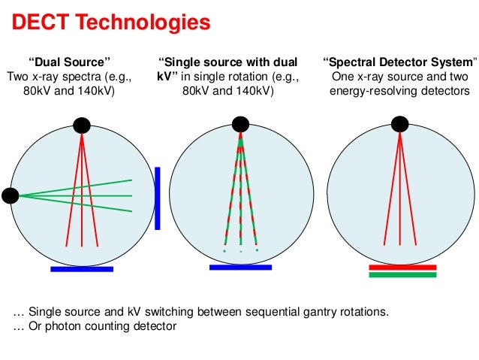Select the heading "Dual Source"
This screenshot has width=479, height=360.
tap(69, 62)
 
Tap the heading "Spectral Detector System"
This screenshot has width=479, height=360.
tap(399, 62)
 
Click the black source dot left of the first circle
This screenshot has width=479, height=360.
tap(11, 196)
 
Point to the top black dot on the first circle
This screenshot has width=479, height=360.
tap(81, 125)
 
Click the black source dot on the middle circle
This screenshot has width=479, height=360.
tap(240, 124)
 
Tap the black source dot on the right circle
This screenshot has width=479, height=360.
tap(400, 124)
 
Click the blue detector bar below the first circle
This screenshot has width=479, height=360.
tap(81, 268)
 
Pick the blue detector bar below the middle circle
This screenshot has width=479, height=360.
tap(240, 267)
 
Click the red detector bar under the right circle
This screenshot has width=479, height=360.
tap(402, 267)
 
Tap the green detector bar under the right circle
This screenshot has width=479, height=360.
tap(402, 275)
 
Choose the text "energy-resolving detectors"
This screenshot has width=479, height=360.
tap(399, 92)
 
